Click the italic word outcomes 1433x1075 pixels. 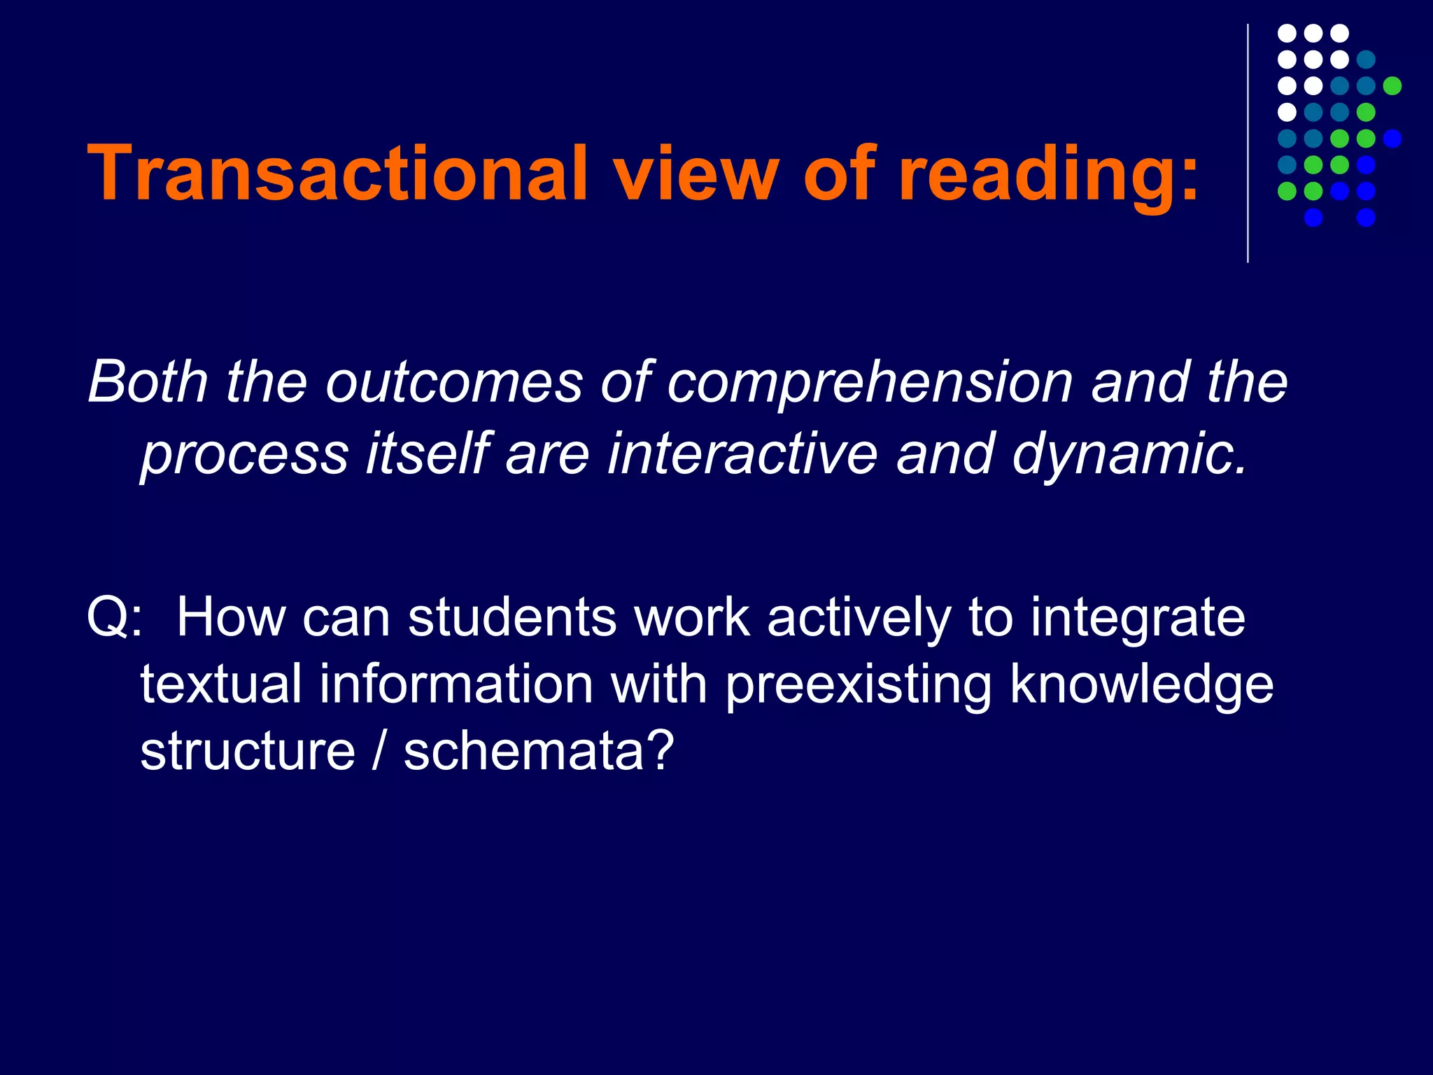click(x=453, y=384)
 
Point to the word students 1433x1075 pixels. click(x=512, y=617)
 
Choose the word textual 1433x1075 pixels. click(x=221, y=684)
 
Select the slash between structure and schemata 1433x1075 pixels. click(x=379, y=751)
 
